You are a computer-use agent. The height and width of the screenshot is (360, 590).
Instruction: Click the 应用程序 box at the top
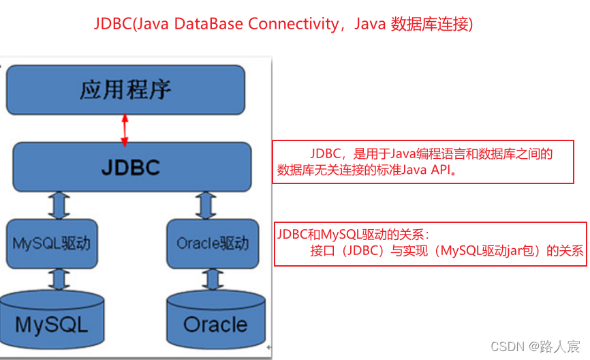[x=125, y=89]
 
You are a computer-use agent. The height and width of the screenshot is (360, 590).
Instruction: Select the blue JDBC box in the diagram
[x=131, y=167]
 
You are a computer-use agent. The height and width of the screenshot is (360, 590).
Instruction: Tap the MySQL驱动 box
[x=52, y=243]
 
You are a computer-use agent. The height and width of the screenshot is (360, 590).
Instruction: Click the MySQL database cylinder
[x=52, y=318]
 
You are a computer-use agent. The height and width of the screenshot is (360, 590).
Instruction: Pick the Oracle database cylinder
[x=215, y=318]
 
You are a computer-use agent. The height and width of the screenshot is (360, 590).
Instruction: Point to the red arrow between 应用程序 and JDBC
[x=125, y=130]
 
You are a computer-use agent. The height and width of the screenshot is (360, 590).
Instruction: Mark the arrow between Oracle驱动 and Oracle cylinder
[x=213, y=278]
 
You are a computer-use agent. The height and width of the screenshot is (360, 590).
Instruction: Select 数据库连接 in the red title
[x=429, y=25]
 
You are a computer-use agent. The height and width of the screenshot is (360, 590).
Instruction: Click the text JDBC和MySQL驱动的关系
[x=353, y=233]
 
